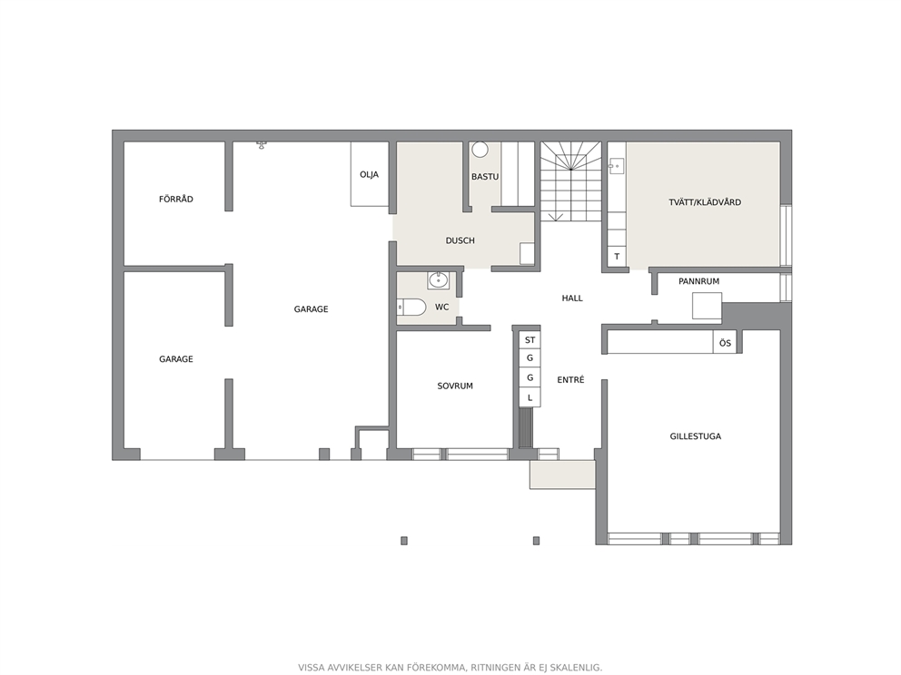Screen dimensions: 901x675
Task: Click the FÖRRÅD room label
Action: click(x=176, y=200)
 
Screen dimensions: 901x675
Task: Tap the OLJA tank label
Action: click(x=369, y=174)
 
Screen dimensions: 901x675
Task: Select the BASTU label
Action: click(x=485, y=177)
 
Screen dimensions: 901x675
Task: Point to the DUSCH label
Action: click(x=460, y=240)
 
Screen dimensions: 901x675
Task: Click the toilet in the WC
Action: click(x=411, y=307)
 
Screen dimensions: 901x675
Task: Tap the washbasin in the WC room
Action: click(x=439, y=280)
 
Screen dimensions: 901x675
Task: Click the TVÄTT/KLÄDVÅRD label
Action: click(x=705, y=202)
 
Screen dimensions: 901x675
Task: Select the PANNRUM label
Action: click(x=698, y=281)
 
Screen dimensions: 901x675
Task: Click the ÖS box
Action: click(x=725, y=343)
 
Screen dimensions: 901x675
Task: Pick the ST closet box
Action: click(x=530, y=340)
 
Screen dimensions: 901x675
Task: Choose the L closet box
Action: click(x=530, y=397)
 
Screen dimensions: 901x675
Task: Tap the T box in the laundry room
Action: click(x=617, y=257)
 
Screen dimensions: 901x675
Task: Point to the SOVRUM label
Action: click(x=455, y=386)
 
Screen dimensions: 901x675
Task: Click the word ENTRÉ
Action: click(x=570, y=380)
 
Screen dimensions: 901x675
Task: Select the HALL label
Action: click(x=572, y=298)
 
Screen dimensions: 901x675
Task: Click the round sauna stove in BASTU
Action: click(x=480, y=150)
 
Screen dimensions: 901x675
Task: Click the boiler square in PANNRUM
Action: click(x=707, y=306)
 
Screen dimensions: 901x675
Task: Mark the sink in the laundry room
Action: click(x=617, y=166)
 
